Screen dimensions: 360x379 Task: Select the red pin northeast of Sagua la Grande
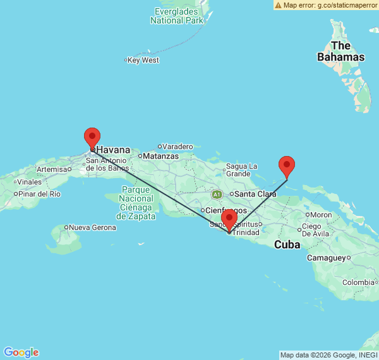pyautogui.click(x=287, y=166)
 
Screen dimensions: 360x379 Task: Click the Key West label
pyautogui.click(x=143, y=60)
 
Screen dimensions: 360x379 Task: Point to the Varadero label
pyautogui.click(x=177, y=147)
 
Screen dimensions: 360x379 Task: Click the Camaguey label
pyautogui.click(x=327, y=258)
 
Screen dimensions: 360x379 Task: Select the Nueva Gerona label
pyautogui.click(x=93, y=227)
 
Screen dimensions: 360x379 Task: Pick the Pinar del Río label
pyautogui.click(x=39, y=194)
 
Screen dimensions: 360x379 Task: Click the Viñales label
pyautogui.click(x=29, y=182)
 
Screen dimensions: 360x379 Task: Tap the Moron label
pyautogui.click(x=321, y=215)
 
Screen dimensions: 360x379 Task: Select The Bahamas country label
pyautogui.click(x=340, y=51)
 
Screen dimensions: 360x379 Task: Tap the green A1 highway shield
pyautogui.click(x=217, y=194)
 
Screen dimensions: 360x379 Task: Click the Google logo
pyautogui.click(x=21, y=352)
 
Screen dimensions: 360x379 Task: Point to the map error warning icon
pyautogui.click(x=278, y=5)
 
